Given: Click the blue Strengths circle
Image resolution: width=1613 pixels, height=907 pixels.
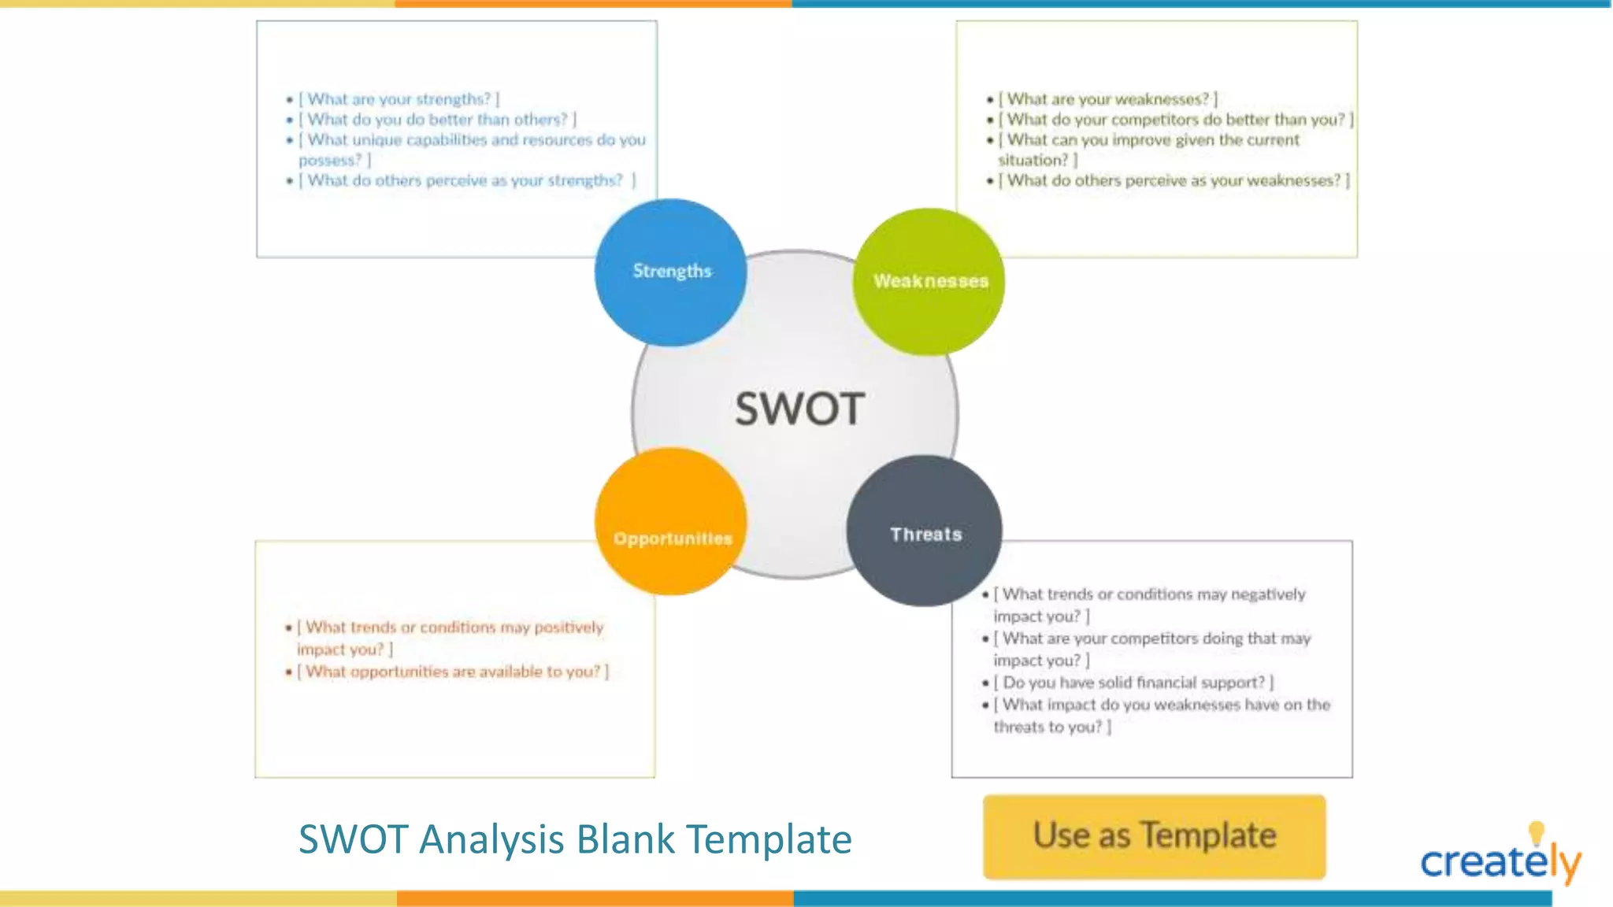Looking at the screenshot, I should [x=670, y=272].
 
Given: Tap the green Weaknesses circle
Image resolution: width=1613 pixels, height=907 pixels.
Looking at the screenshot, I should [x=929, y=282].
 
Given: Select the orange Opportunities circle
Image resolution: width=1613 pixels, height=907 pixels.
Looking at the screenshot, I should [x=671, y=522].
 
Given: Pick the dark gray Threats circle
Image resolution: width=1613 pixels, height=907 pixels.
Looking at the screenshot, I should [x=924, y=531].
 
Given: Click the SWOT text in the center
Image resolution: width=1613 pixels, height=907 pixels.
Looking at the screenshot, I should [x=799, y=409].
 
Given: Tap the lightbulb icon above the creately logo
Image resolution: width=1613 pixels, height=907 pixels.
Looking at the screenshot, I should [x=1536, y=831].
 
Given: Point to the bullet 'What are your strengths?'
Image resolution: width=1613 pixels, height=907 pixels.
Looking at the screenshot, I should [x=399, y=99].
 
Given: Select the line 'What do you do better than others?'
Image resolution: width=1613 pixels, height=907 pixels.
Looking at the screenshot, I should [x=437, y=120].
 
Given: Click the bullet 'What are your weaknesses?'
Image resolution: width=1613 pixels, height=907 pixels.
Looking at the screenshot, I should [x=1107, y=99].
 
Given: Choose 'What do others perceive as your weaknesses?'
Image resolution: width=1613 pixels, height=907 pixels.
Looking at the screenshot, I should [x=1174, y=181].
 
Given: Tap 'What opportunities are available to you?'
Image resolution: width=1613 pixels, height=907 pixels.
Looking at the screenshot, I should [x=453, y=672].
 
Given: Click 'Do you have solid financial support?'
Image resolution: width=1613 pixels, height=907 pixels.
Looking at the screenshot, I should [x=1133, y=683].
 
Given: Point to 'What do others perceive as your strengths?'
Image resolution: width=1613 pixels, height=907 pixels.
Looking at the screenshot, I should [x=466, y=181].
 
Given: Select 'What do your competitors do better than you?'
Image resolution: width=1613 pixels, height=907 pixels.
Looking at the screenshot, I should [x=1175, y=120].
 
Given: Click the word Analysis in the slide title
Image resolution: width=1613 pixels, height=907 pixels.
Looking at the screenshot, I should [x=491, y=839].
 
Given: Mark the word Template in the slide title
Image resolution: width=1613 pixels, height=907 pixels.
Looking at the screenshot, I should [x=769, y=839].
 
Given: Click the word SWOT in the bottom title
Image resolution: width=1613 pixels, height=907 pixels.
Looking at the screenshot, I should [x=353, y=839].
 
